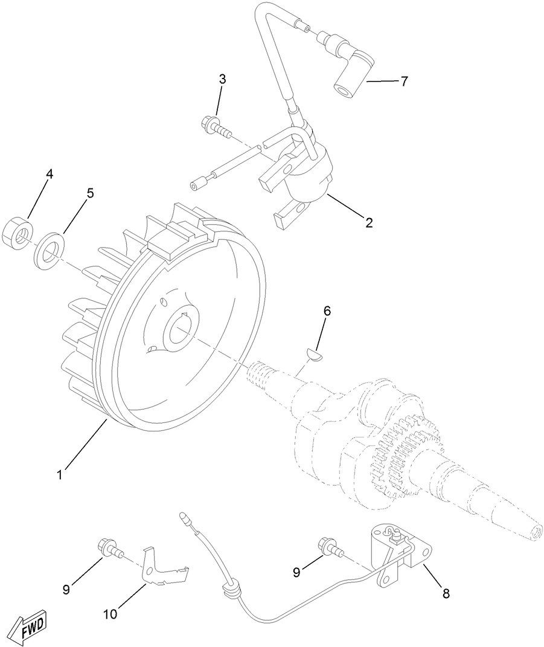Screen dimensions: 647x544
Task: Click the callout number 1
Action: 60,475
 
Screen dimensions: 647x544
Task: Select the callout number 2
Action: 369,222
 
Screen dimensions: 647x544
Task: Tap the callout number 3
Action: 222,79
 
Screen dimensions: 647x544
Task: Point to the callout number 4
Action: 50,174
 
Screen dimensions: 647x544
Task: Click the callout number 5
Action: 90,193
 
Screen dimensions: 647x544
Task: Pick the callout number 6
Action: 327,311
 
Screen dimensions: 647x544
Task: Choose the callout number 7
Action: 404,81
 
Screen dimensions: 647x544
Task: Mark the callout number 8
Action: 446,593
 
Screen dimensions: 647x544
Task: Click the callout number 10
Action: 110,614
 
